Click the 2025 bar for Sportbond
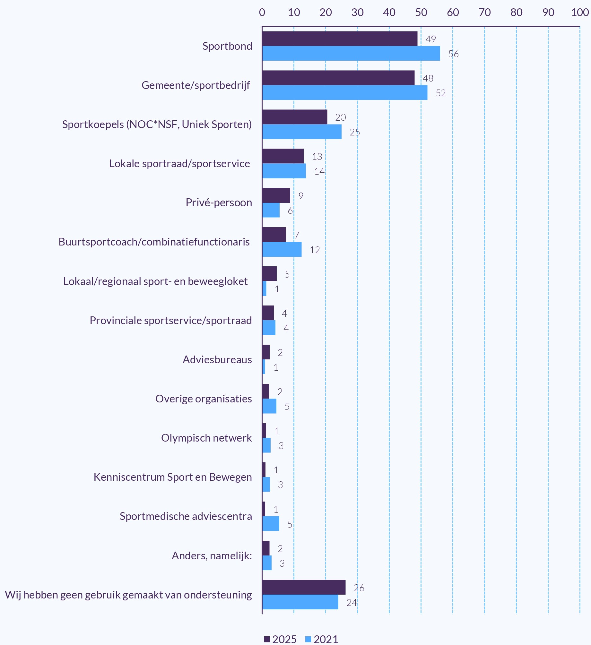(340, 39)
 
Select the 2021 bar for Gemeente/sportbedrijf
(345, 92)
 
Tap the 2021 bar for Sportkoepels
(302, 132)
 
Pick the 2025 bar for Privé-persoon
(276, 195)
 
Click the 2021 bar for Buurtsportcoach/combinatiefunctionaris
(282, 249)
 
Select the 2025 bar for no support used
(304, 587)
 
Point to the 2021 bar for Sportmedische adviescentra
(271, 524)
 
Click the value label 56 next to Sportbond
(453, 54)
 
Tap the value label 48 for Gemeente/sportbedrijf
(428, 78)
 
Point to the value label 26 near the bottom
(359, 588)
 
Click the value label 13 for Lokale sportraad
(317, 157)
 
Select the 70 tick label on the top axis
(485, 13)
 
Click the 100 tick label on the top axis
(580, 13)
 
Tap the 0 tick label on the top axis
(262, 13)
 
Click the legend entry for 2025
(280, 639)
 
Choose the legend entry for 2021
(322, 639)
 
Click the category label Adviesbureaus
(217, 360)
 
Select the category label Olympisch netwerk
(206, 438)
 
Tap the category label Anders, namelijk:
(212, 556)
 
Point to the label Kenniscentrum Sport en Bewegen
(173, 477)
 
